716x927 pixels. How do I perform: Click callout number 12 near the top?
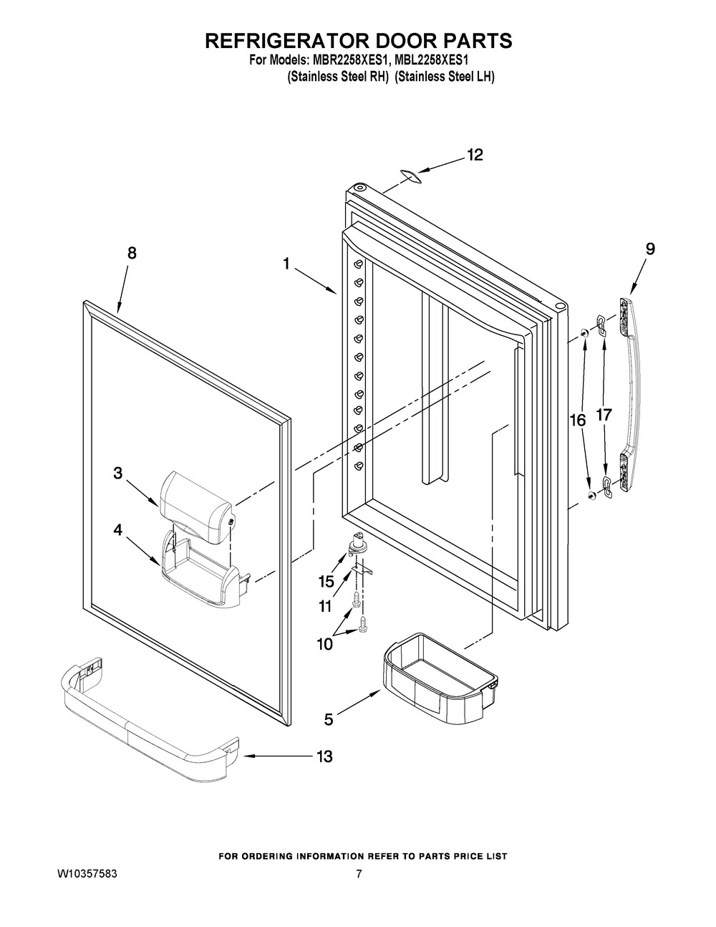point(475,155)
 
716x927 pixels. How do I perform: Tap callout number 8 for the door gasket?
point(132,254)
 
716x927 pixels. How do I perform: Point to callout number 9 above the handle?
point(650,249)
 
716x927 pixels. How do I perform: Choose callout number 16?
point(578,421)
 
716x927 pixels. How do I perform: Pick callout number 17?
point(604,414)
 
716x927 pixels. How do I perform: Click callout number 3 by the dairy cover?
point(117,473)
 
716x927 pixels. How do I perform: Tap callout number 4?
point(117,530)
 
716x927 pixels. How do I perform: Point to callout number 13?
point(324,757)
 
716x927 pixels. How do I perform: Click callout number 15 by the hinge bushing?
point(328,581)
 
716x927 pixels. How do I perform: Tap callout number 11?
point(325,607)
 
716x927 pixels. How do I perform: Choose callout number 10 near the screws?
point(324,645)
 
